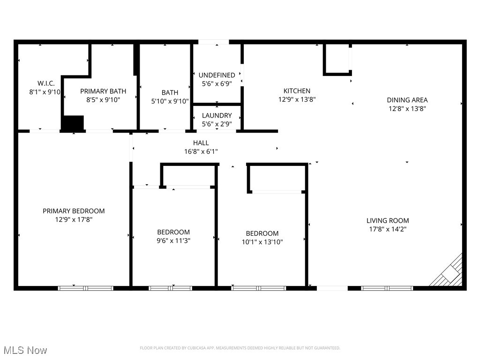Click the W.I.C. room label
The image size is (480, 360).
[x=46, y=83]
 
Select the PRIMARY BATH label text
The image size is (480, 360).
[x=103, y=91]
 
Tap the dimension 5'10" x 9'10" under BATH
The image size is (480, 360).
[x=170, y=101]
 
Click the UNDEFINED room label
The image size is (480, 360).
[x=217, y=75]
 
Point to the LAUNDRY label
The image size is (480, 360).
[x=217, y=115]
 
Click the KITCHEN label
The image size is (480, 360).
[x=297, y=91]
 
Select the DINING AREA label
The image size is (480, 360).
[x=407, y=100]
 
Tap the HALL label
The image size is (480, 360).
[x=201, y=143]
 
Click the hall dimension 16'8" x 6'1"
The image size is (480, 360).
[x=201, y=151]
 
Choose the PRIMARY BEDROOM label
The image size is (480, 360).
[x=74, y=211]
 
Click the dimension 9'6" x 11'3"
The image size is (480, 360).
[x=173, y=240]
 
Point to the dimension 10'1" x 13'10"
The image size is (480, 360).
[x=262, y=242]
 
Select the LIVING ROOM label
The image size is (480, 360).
[x=388, y=220]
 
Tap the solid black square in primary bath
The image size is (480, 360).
[x=73, y=123]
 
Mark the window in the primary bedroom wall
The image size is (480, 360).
[x=86, y=288]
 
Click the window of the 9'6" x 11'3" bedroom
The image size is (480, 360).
[x=170, y=288]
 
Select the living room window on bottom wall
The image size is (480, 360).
[x=387, y=288]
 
